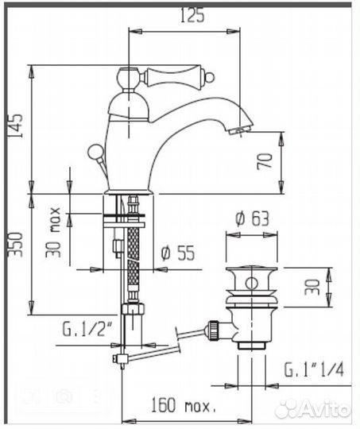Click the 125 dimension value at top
click(192, 15)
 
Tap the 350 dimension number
click(15, 245)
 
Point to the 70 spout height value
click(265, 161)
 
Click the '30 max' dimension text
click(53, 232)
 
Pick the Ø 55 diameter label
click(178, 253)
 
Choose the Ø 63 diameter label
click(252, 219)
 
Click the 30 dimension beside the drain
click(312, 287)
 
